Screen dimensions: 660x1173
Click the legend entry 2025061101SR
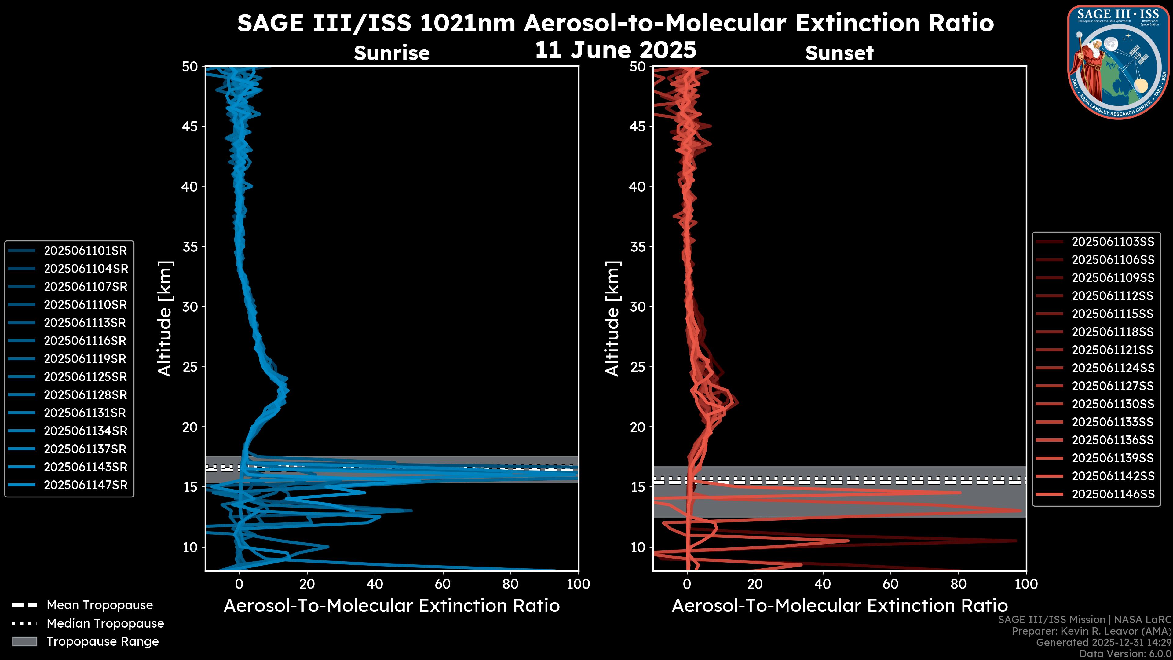point(85,251)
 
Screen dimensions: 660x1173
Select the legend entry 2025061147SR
point(86,485)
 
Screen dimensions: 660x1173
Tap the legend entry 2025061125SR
point(85,377)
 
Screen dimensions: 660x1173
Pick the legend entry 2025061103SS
point(1113,242)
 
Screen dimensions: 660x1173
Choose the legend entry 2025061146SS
point(1113,494)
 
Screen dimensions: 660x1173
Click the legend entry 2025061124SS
point(1113,368)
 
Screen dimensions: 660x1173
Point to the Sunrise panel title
point(392,53)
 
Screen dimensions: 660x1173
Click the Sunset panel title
point(839,53)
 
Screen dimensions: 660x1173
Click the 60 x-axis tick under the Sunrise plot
point(443,584)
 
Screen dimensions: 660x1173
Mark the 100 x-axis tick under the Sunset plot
point(1026,584)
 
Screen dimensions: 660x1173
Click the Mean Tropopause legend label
point(100,605)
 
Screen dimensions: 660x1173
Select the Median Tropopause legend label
point(105,624)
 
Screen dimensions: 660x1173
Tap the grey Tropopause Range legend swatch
point(24,642)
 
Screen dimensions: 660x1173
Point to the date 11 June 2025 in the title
point(615,50)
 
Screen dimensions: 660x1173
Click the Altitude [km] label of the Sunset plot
point(613,319)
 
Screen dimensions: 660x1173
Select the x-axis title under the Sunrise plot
point(392,606)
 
